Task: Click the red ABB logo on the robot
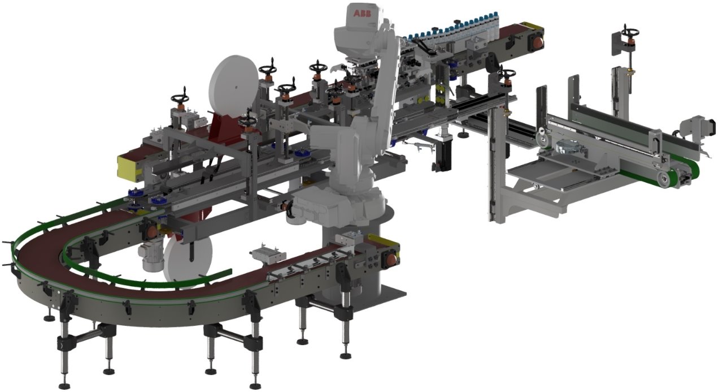point(362,13)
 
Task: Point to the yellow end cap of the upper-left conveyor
point(130,167)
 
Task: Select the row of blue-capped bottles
point(452,28)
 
